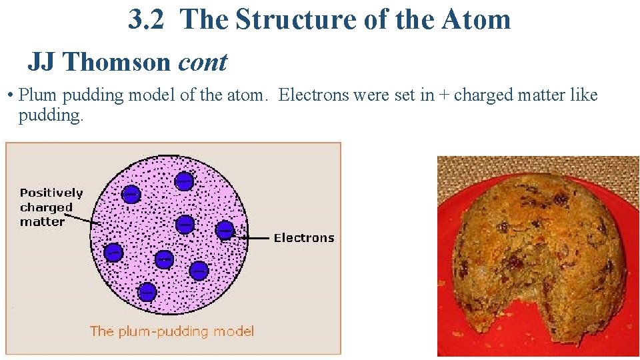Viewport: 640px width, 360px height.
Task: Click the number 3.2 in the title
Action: (x=147, y=20)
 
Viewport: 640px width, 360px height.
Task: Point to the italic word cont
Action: (x=203, y=62)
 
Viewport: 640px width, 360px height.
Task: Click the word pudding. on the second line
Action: (x=51, y=115)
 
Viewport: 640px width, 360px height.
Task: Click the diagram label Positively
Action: (x=51, y=193)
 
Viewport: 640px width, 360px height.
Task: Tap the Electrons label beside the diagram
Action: (x=304, y=238)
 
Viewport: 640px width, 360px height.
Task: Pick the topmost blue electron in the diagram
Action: (x=184, y=180)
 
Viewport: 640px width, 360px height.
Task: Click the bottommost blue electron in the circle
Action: (x=147, y=291)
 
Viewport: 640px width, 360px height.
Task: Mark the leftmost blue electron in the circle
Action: (x=113, y=253)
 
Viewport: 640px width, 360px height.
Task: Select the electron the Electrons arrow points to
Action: (x=225, y=230)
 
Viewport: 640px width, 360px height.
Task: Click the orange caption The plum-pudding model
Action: (x=172, y=331)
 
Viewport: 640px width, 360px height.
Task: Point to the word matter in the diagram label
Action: (x=42, y=221)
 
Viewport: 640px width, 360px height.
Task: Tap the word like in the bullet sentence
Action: (x=584, y=95)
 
